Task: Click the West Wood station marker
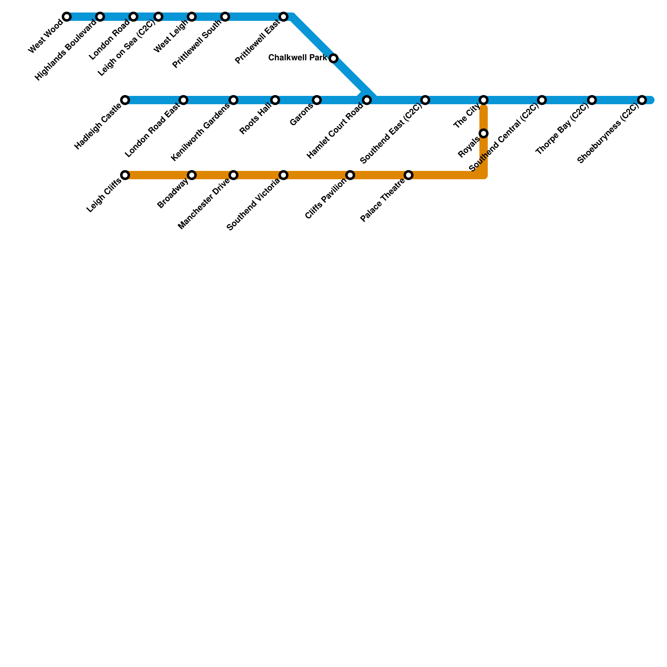tap(67, 17)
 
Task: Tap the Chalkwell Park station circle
tap(333, 58)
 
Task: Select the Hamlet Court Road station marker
tap(367, 100)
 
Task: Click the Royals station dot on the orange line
tap(484, 133)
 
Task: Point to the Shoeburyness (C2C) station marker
tap(642, 100)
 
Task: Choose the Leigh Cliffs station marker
tap(125, 175)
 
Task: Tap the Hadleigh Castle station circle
tap(125, 100)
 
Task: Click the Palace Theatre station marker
tap(409, 175)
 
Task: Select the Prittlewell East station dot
tap(283, 17)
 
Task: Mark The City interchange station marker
tap(484, 100)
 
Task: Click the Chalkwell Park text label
tap(298, 58)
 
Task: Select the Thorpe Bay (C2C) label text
tap(563, 128)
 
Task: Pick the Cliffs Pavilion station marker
tap(350, 175)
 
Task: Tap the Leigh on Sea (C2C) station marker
tap(158, 17)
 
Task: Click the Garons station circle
tap(317, 100)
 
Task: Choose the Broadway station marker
tap(192, 175)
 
